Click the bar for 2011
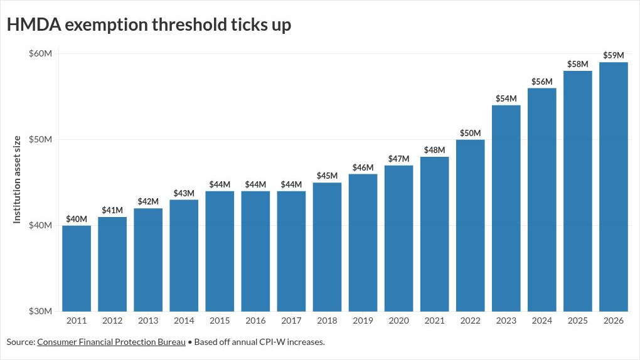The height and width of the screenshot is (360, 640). coord(77,268)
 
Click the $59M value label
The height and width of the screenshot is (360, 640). coord(613,55)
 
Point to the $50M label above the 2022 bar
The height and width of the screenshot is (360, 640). coord(470,133)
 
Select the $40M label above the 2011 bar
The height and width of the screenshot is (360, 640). coord(77,219)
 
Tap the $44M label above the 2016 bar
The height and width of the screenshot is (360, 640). coord(255,184)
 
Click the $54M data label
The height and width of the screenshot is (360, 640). coord(506,98)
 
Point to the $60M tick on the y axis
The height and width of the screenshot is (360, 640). coord(40,53)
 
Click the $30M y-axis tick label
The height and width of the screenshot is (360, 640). coord(40,311)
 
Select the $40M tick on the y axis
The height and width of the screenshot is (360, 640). coord(40,225)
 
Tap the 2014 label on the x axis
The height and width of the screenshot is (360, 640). coord(184,321)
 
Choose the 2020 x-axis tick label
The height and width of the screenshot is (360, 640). coord(398,321)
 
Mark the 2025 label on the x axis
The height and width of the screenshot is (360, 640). coord(577,321)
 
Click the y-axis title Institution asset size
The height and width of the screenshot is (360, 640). coord(17,179)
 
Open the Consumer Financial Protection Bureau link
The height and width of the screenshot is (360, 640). coord(111,342)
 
